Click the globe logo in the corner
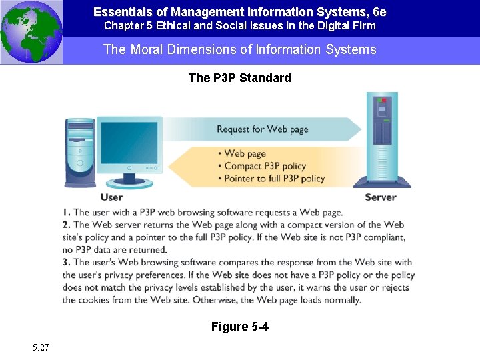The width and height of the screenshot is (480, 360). [31, 32]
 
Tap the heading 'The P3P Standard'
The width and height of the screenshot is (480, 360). [239, 78]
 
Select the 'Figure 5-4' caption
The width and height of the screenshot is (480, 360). [239, 327]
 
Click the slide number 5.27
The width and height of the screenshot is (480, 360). [40, 347]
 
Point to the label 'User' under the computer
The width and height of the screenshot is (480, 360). [111, 197]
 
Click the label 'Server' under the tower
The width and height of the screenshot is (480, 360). [381, 197]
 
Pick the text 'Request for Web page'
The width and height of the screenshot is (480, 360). [262, 129]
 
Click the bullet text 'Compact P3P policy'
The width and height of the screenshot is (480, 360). [265, 166]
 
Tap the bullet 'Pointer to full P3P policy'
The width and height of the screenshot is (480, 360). [274, 178]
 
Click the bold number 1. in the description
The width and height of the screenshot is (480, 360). [67, 213]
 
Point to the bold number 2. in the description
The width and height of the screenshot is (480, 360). [67, 225]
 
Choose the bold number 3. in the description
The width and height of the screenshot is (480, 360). [67, 263]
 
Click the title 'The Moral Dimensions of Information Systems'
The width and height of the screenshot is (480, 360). [239, 50]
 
